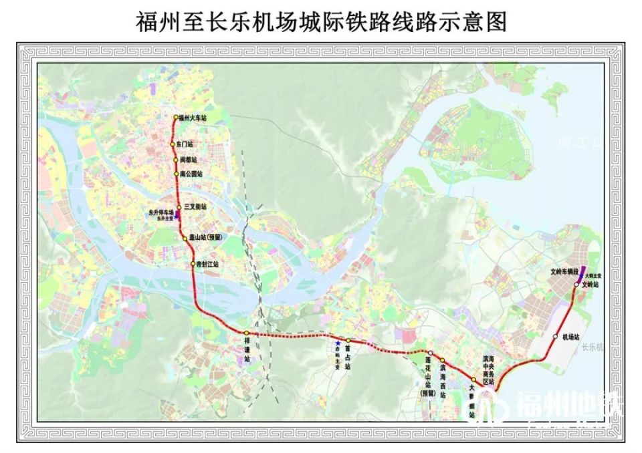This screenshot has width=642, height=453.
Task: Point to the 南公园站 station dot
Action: pyautogui.click(x=176, y=174)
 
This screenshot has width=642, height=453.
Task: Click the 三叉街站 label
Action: pyautogui.click(x=195, y=208)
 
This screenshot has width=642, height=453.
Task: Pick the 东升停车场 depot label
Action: pyautogui.click(x=161, y=212)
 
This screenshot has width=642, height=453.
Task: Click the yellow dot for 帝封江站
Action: pyautogui.click(x=192, y=263)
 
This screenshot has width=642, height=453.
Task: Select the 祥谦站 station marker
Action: pyautogui.click(x=247, y=333)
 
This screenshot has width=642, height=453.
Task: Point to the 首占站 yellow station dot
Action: pyautogui.click(x=348, y=341)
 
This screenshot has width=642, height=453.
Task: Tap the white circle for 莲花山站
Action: pyautogui.click(x=431, y=353)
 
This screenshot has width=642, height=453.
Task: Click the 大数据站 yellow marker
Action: pyautogui.click(x=474, y=380)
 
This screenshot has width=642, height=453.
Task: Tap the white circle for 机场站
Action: pyautogui.click(x=556, y=336)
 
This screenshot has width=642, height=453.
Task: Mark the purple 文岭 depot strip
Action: pyautogui.click(x=580, y=277)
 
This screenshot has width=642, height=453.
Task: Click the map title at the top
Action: pyautogui.click(x=321, y=21)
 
